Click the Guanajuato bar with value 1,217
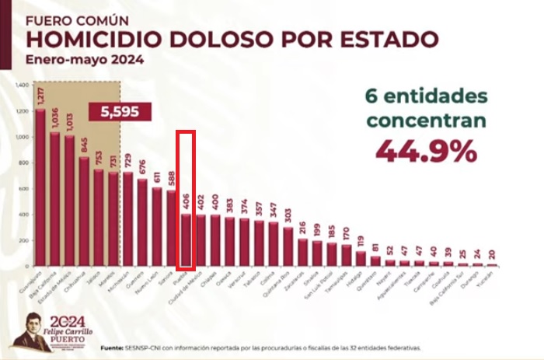[40, 187]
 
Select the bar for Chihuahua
[84, 211]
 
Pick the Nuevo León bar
[156, 226]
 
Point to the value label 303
[288, 215]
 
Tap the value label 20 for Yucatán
[492, 253]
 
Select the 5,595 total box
[119, 112]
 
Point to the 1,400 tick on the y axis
[22, 85]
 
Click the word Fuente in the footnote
[113, 348]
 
